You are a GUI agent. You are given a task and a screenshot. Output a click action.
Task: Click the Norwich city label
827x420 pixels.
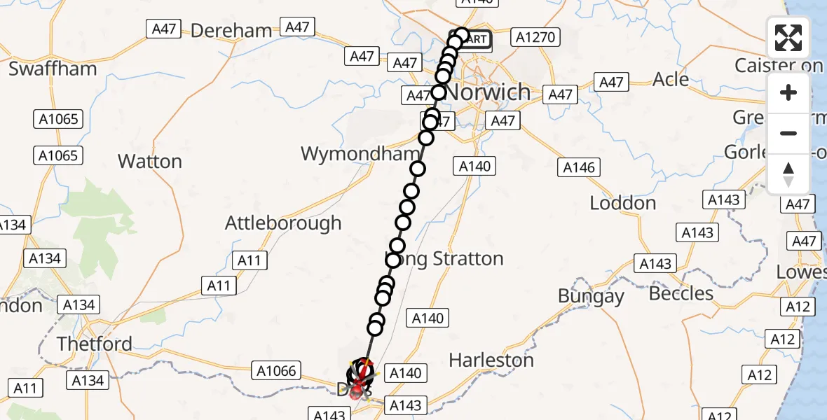[x=489, y=92]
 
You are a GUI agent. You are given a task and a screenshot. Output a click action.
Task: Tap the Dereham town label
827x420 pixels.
[x=231, y=31]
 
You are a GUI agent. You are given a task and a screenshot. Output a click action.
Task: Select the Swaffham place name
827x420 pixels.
[x=52, y=69]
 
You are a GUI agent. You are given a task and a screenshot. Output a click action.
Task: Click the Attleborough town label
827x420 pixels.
[x=283, y=223]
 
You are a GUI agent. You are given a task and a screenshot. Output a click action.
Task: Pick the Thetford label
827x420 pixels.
[x=95, y=344]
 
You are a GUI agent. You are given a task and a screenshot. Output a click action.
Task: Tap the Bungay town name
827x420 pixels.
[x=591, y=296]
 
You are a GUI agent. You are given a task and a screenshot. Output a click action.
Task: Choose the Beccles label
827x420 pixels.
[x=681, y=293]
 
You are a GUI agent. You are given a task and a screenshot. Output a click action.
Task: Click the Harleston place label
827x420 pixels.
[x=491, y=360]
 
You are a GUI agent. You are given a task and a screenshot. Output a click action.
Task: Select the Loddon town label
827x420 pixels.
[x=622, y=203]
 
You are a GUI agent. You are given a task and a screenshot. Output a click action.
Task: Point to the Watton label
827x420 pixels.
[x=149, y=162]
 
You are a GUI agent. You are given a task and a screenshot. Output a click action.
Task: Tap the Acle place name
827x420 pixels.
[x=671, y=79]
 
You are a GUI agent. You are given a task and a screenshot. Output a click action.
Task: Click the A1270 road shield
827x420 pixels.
[x=532, y=37]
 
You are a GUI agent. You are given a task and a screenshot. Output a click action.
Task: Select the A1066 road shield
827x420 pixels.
[x=278, y=370]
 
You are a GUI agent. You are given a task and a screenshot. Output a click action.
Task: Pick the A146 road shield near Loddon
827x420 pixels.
[x=579, y=167]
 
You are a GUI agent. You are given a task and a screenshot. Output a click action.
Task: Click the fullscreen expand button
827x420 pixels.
[x=788, y=38]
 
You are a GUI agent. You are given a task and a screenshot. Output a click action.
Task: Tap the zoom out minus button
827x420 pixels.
[x=788, y=133]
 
